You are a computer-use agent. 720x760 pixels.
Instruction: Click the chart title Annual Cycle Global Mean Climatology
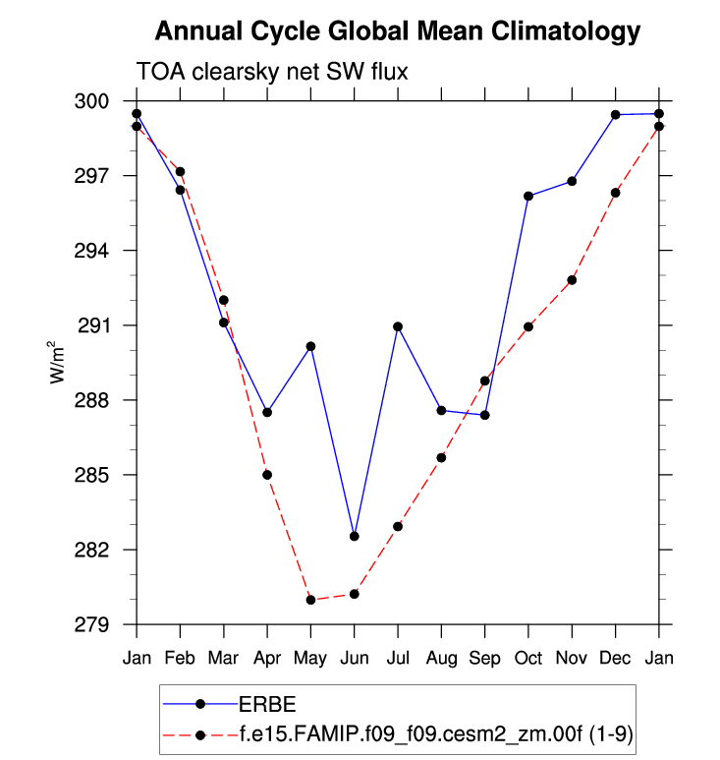point(398,31)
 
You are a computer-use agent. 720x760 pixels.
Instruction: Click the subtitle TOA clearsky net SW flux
point(271,72)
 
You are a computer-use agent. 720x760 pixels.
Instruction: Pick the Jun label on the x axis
point(354,658)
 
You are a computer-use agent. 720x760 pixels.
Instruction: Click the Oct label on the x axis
point(528,658)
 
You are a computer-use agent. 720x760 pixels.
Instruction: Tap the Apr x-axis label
point(267,658)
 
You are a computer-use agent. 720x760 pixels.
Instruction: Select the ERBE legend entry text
point(267,704)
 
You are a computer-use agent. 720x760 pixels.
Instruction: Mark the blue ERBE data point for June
point(354,536)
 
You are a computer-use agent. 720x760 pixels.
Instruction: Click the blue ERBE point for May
point(310,346)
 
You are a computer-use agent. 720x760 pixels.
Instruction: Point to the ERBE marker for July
point(398,326)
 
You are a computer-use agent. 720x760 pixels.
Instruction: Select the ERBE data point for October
point(528,196)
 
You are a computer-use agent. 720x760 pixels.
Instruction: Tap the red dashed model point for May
point(310,600)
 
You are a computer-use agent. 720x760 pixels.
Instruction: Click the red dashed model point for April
point(267,475)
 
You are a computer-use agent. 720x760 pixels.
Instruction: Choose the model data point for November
point(572,280)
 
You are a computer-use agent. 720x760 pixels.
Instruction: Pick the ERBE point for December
point(616,115)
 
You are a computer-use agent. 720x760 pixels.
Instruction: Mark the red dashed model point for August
point(441,457)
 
